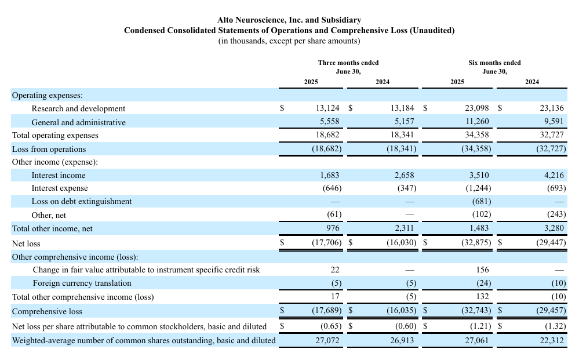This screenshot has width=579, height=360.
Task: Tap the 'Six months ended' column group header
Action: coord(494,63)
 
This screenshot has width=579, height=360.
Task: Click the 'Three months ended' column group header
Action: coord(348,63)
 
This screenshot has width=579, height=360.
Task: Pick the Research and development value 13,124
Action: coord(327,108)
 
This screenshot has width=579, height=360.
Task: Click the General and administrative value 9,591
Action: coord(553,122)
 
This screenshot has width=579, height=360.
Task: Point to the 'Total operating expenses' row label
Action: coord(55,136)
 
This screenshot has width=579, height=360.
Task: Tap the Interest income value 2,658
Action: coord(404,176)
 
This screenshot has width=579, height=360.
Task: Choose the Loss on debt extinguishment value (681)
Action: coord(482,202)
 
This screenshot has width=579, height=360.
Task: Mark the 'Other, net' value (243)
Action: coord(556,214)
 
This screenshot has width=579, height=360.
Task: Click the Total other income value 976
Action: coord(333,228)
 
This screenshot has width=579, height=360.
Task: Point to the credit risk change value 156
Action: coord(482,270)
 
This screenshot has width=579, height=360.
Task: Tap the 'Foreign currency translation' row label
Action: coord(82,283)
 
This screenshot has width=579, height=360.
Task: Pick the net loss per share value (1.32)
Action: coord(555,326)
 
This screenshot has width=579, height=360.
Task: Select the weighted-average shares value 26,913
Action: coord(402,340)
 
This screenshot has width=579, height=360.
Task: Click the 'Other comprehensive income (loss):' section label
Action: coord(75,257)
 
